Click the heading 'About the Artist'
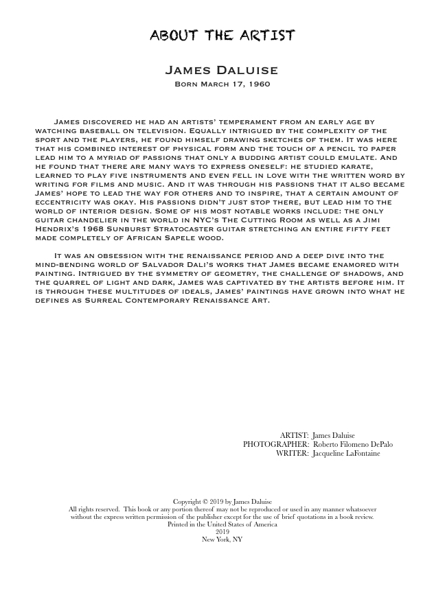click(223, 36)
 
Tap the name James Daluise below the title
click(222, 71)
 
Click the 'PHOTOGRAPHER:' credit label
click(275, 445)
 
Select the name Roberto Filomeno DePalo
click(352, 445)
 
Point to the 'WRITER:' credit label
click(292, 454)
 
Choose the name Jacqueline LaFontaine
click(345, 454)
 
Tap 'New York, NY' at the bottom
click(222, 539)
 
